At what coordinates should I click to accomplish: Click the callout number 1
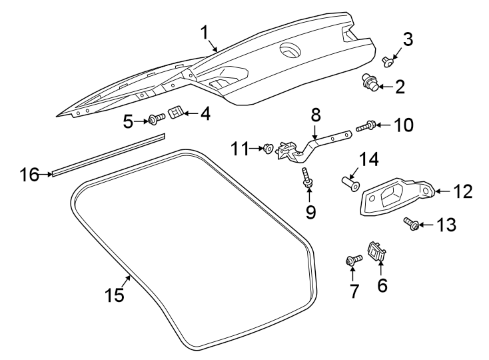point(205,32)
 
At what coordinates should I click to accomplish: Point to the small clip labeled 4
point(176,113)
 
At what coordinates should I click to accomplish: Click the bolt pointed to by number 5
point(155,119)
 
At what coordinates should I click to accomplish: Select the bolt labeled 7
point(352,260)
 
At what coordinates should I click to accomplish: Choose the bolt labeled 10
point(367,125)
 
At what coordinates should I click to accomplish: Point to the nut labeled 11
point(268,147)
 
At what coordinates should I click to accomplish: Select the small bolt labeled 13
point(411,225)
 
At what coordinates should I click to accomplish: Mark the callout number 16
point(29,175)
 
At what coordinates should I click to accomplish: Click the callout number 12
point(462,192)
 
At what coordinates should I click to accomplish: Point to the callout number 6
point(382,285)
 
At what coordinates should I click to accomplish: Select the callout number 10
point(402,125)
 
